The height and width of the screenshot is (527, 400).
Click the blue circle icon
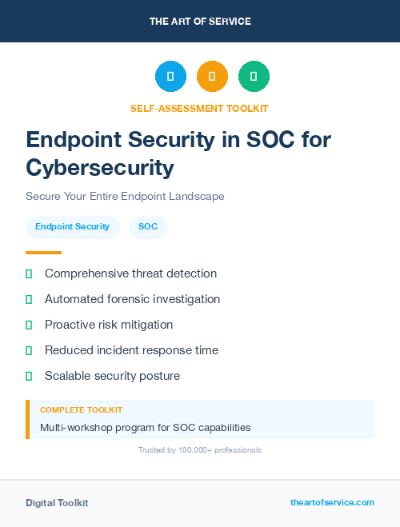(x=170, y=76)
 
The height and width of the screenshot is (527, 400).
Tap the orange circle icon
(x=212, y=76)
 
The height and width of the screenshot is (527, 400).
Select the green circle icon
(x=254, y=76)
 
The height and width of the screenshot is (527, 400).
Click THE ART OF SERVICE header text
(x=200, y=22)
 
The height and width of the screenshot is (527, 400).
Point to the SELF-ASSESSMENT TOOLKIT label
(x=199, y=108)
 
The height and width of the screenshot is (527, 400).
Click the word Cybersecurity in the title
(x=100, y=167)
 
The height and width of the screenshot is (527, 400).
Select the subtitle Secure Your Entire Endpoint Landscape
(x=125, y=196)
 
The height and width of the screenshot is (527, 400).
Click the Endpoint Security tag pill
(x=72, y=227)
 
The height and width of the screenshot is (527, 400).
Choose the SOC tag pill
(x=148, y=227)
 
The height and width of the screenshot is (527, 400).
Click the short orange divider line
(x=43, y=253)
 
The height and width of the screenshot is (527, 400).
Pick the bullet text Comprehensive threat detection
(x=130, y=273)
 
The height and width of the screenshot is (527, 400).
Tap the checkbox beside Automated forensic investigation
(x=29, y=299)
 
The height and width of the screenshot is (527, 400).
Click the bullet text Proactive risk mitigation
(x=109, y=325)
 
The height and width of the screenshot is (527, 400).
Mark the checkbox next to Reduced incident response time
(x=29, y=350)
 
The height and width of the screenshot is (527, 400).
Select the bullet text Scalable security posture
(x=112, y=376)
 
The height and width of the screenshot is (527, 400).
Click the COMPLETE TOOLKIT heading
(x=81, y=409)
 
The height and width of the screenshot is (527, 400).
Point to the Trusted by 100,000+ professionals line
(x=200, y=450)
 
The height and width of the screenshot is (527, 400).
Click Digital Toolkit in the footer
(x=57, y=503)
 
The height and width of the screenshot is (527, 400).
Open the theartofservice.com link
(x=332, y=502)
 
